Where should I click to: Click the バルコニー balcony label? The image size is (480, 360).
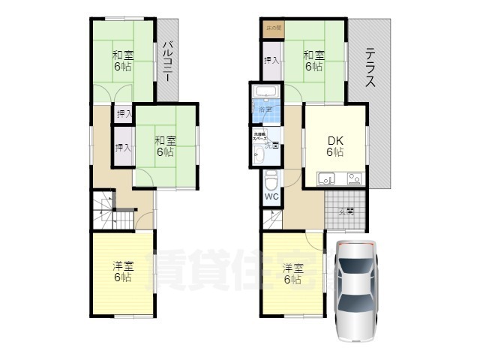[167, 61]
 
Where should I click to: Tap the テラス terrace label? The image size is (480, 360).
[370, 70]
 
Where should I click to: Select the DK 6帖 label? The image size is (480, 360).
[334, 145]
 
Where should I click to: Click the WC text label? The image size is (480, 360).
[271, 197]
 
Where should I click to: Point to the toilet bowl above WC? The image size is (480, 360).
[271, 180]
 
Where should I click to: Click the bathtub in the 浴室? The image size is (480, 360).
[265, 94]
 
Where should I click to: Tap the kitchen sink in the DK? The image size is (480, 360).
[328, 178]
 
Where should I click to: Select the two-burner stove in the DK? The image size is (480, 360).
[352, 178]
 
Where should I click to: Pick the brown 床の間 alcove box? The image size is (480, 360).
[272, 28]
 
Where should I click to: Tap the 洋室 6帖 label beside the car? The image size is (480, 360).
[292, 274]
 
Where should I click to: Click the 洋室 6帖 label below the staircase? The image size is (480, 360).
[122, 271]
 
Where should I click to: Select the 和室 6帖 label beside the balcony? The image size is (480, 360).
[123, 60]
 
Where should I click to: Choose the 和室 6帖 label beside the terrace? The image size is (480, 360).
[314, 60]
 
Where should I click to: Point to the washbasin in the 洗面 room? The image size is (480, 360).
[259, 154]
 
